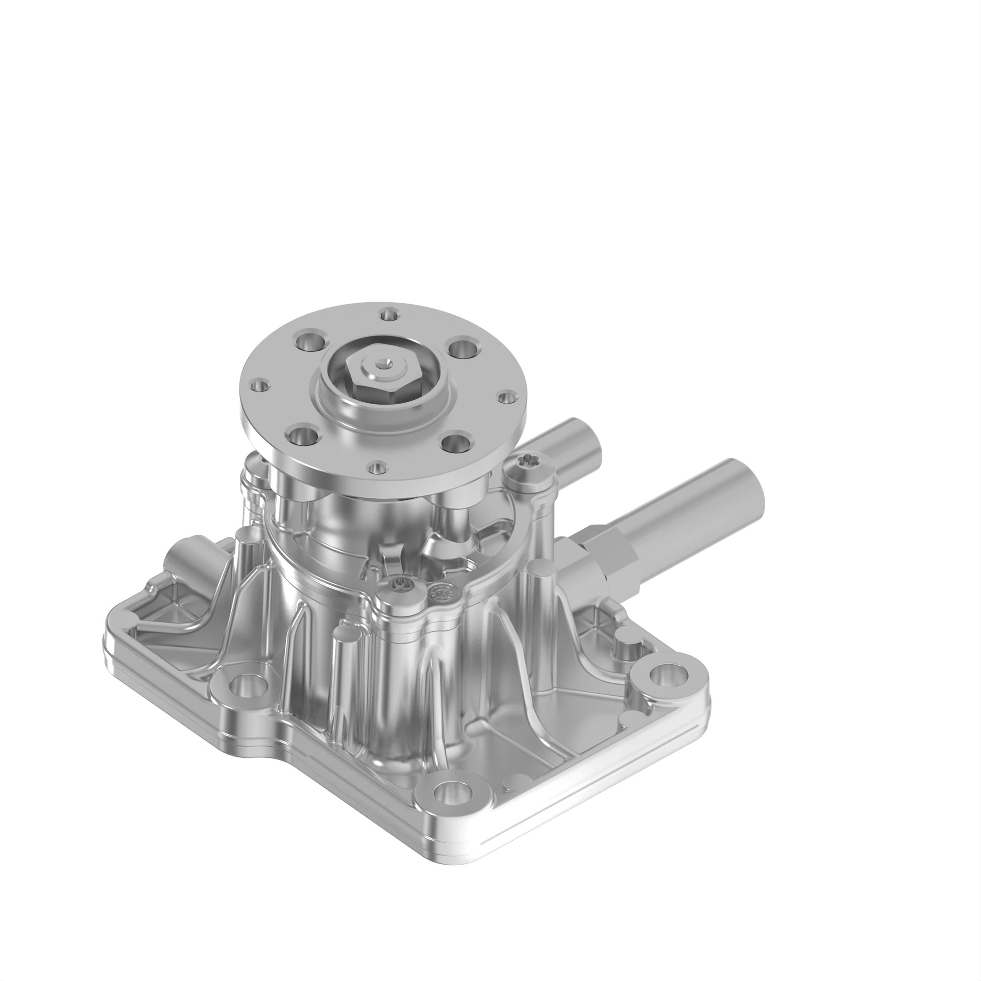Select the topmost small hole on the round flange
pyautogui.click(x=389, y=315)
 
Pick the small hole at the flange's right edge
pyautogui.click(x=505, y=397)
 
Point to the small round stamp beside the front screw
pyautogui.click(x=438, y=593)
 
